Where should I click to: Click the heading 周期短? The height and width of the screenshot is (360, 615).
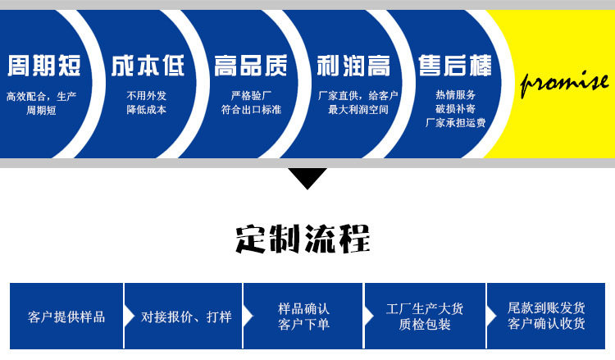click(x=40, y=66)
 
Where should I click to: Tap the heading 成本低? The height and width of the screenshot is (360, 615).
click(x=148, y=66)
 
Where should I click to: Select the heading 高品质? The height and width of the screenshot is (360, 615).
click(x=250, y=66)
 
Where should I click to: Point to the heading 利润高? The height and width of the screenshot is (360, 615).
click(x=353, y=66)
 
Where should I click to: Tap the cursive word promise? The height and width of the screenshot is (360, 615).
click(x=565, y=82)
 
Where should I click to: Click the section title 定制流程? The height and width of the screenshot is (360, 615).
click(x=303, y=237)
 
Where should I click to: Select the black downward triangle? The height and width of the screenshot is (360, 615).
click(x=307, y=177)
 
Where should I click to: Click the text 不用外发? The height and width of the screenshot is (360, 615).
click(x=147, y=96)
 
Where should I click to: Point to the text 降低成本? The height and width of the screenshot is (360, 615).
click(x=147, y=109)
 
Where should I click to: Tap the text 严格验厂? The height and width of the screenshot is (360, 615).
click(x=251, y=96)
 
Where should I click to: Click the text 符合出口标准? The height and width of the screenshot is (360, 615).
click(x=251, y=109)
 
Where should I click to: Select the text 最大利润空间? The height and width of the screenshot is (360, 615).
click(x=358, y=109)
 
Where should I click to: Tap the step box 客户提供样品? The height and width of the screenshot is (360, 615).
click(x=66, y=317)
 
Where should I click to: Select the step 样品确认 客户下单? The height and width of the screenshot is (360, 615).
click(x=303, y=317)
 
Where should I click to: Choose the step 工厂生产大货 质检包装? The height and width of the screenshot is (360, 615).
click(x=425, y=317)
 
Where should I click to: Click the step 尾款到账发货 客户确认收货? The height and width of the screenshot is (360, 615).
click(x=546, y=317)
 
